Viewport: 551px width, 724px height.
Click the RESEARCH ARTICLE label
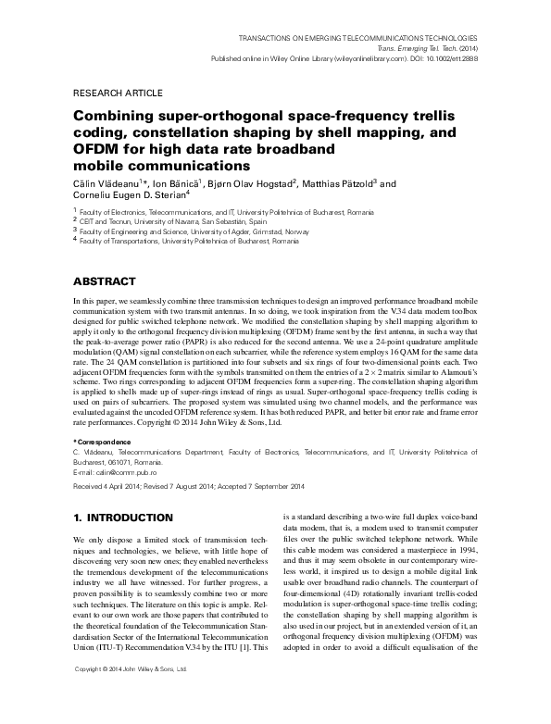(x=117, y=94)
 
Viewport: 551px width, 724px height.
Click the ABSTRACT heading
(x=104, y=281)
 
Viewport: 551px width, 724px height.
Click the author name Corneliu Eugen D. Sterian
(x=127, y=197)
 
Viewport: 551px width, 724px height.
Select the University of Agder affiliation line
(x=181, y=231)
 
